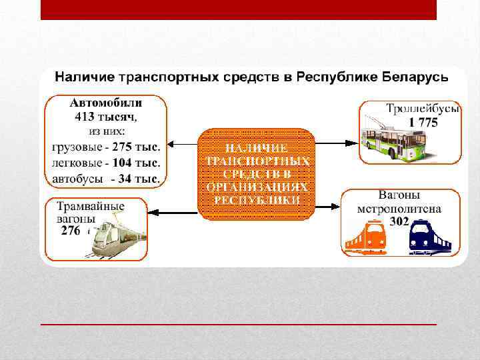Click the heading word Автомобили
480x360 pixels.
tap(106, 103)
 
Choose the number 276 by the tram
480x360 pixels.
tap(71, 231)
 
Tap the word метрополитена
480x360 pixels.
tap(399, 208)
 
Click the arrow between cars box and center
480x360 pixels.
tap(183, 143)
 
